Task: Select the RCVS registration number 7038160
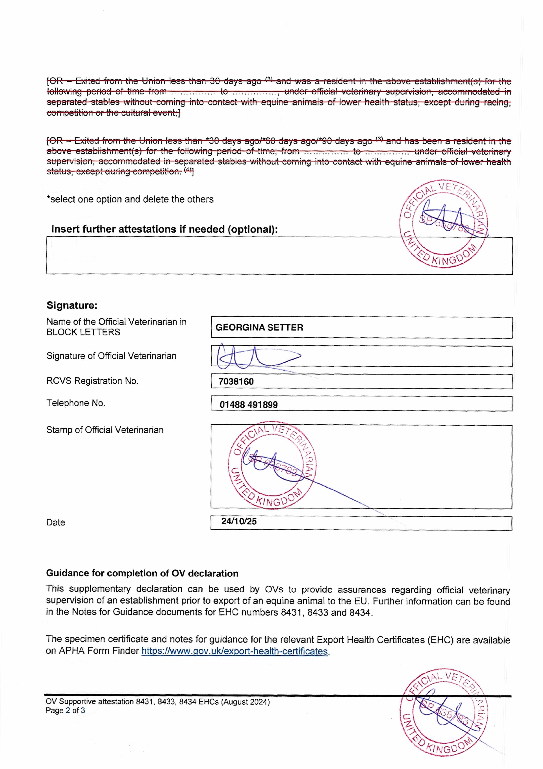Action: (236, 381)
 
